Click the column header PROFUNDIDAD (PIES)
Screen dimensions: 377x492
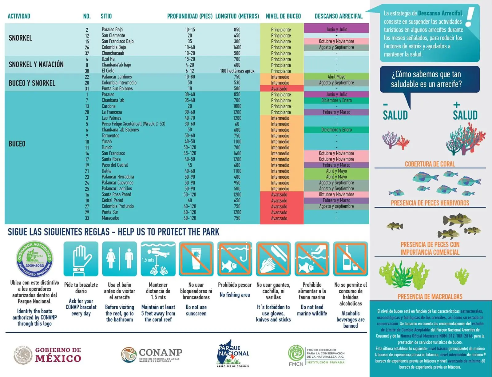[190, 16]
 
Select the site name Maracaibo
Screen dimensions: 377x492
[110, 218]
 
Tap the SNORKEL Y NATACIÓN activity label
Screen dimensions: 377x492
[36, 65]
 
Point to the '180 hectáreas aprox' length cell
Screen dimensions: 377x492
[237, 71]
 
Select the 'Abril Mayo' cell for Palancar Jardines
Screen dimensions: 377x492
[336, 77]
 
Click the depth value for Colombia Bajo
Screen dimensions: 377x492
[190, 47]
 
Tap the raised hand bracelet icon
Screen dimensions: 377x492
[81, 259]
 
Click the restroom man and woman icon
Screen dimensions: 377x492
[119, 259]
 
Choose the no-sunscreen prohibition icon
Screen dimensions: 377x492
[196, 259]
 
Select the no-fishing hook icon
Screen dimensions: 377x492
[235, 259]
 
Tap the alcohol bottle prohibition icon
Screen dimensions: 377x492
[351, 259]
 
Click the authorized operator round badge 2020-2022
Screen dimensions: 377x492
[34, 259]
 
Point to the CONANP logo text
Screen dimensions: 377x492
[161, 352]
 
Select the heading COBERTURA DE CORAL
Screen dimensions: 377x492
[430, 164]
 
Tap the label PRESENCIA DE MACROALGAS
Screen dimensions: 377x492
[430, 297]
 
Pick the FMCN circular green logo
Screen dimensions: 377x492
[296, 353]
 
